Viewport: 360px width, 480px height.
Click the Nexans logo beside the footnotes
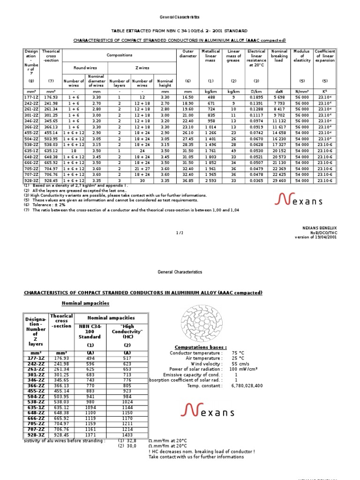tap(311, 201)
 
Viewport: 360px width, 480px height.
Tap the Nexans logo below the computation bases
tap(208, 412)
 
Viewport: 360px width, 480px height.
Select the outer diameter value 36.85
tap(187, 180)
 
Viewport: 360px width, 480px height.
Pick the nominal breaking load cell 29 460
tap(278, 180)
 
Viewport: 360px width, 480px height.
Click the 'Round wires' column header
tap(85, 67)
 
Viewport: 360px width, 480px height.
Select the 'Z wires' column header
tap(142, 67)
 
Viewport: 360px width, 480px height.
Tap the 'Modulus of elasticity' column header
tap(302, 56)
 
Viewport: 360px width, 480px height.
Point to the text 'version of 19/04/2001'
tap(315, 237)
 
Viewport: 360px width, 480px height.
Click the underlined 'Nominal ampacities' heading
tap(85, 303)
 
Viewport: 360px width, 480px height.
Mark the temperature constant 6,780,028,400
tap(247, 385)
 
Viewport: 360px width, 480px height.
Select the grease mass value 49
tap(233, 150)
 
